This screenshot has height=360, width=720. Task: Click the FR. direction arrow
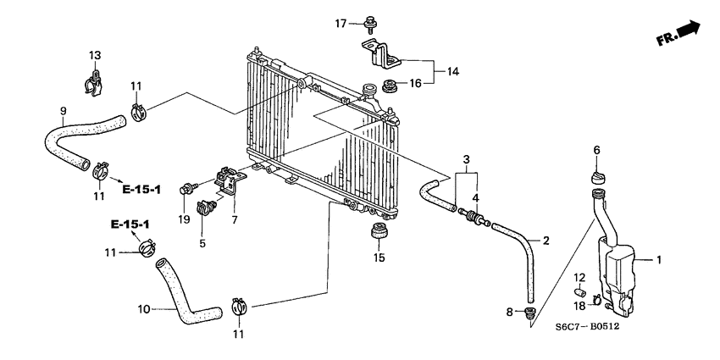point(678,35)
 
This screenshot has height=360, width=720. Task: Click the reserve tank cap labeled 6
point(596,175)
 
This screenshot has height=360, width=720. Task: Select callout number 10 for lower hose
point(143,309)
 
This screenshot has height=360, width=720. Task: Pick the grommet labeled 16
point(391,84)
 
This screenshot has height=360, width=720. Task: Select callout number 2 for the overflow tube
point(546,241)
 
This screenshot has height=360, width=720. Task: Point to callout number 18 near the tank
point(579,306)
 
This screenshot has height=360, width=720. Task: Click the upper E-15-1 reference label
point(141,189)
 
